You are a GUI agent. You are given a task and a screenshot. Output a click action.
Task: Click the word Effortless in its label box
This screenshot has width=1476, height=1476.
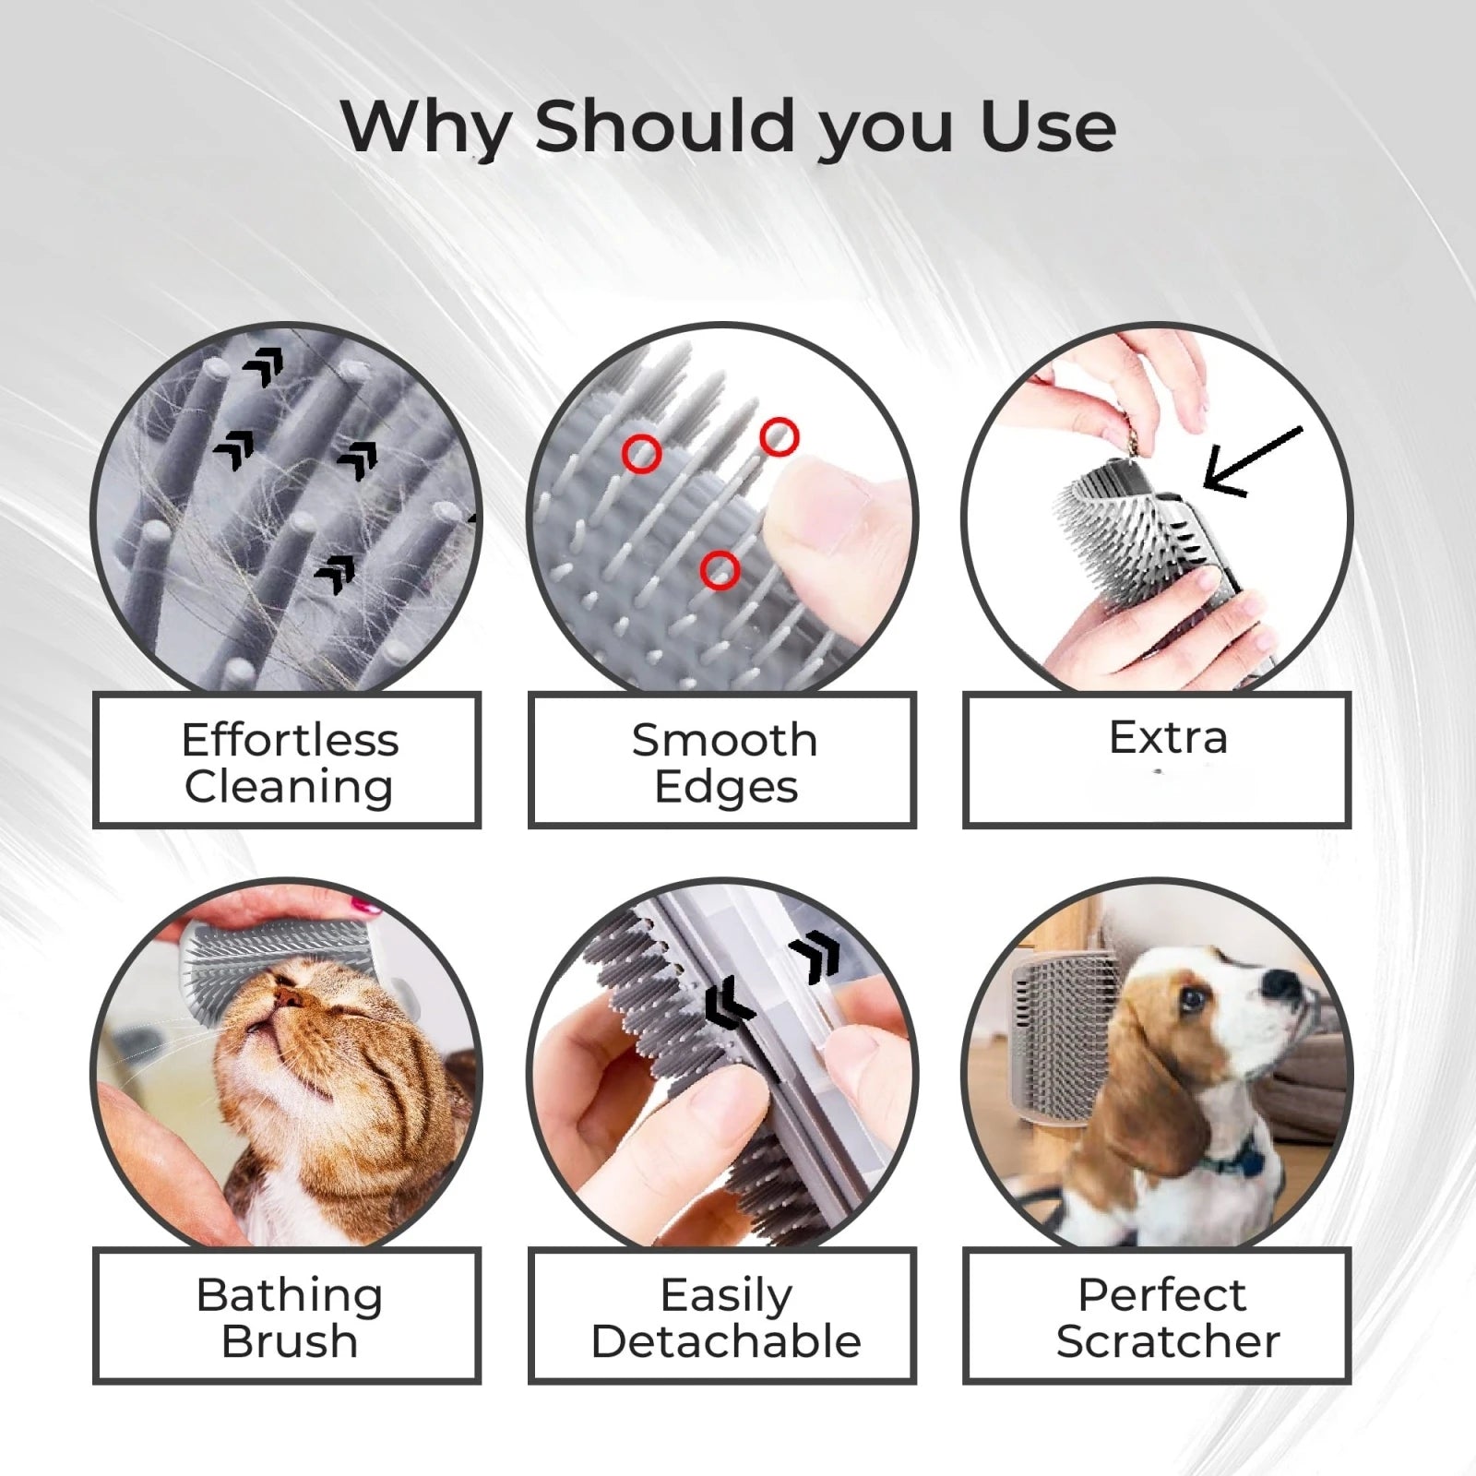290,740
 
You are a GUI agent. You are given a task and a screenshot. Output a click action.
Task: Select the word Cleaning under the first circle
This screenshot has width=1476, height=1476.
289,787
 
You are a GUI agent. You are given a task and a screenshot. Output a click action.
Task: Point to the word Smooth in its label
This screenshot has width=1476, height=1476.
724,740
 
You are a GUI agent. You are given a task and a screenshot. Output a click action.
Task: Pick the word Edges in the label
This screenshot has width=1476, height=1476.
726,787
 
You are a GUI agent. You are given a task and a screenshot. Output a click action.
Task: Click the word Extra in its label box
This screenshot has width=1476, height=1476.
1168,737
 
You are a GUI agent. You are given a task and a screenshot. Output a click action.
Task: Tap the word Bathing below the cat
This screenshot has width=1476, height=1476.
290,1295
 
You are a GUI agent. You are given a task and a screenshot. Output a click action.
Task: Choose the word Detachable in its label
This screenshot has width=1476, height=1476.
726,1341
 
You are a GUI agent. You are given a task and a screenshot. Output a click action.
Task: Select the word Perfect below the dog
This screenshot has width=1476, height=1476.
1161,1294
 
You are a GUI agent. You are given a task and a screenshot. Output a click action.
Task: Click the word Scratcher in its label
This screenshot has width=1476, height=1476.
1168,1341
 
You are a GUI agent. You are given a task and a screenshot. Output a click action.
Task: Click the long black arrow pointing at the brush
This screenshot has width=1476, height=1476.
1250,461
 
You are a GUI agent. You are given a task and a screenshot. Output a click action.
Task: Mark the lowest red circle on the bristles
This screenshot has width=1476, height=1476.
720,570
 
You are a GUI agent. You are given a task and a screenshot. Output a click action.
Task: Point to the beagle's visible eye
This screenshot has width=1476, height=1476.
1194,997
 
